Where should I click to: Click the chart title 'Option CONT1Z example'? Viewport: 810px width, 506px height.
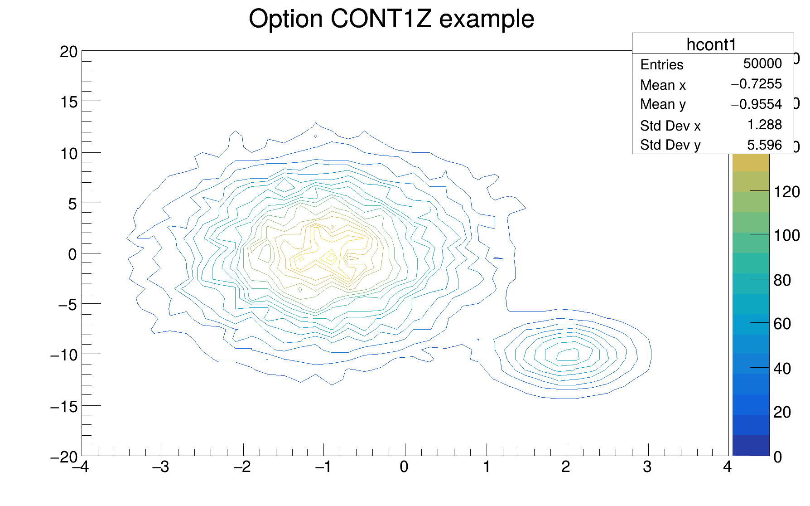coord(391,19)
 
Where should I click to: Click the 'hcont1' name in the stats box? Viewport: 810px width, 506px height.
coord(712,44)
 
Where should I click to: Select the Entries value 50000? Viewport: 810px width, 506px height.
coord(762,63)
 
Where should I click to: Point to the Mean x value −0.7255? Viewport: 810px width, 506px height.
coord(756,84)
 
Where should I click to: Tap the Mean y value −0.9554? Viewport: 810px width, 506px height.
coord(756,104)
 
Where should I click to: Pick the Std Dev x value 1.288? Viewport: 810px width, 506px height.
coord(764,125)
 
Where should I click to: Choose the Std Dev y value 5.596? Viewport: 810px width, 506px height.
coord(764,145)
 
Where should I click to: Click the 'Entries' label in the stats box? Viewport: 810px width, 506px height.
coord(661,65)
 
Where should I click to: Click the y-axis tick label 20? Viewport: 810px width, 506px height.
coord(68,52)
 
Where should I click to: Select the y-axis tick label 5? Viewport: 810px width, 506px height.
coord(72,204)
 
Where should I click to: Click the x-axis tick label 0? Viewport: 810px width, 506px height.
coord(404,467)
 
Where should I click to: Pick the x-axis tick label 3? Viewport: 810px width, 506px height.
coord(647,467)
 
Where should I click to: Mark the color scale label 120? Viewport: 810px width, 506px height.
coord(786,192)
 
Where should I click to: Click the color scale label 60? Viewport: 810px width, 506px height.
coord(782,324)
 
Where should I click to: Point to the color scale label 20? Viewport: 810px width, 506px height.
coord(782,412)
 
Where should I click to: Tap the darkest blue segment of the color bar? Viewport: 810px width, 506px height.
coord(751,446)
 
